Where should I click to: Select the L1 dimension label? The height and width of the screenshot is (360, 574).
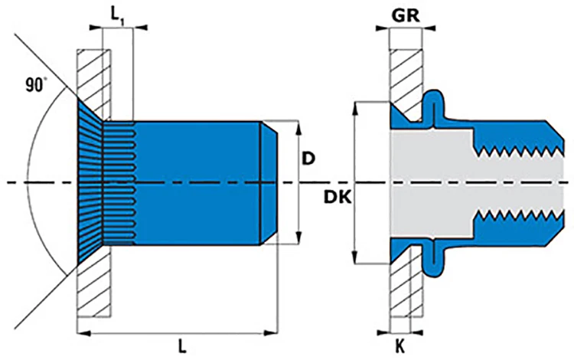click(x=116, y=15)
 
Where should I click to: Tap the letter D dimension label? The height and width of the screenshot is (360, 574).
click(x=309, y=159)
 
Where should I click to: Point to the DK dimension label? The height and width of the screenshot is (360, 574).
click(x=336, y=198)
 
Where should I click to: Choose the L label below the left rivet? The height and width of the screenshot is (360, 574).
click(x=181, y=346)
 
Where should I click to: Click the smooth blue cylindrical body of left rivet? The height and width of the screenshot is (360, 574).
click(x=199, y=182)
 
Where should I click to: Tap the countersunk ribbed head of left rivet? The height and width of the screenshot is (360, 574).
click(x=90, y=182)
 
